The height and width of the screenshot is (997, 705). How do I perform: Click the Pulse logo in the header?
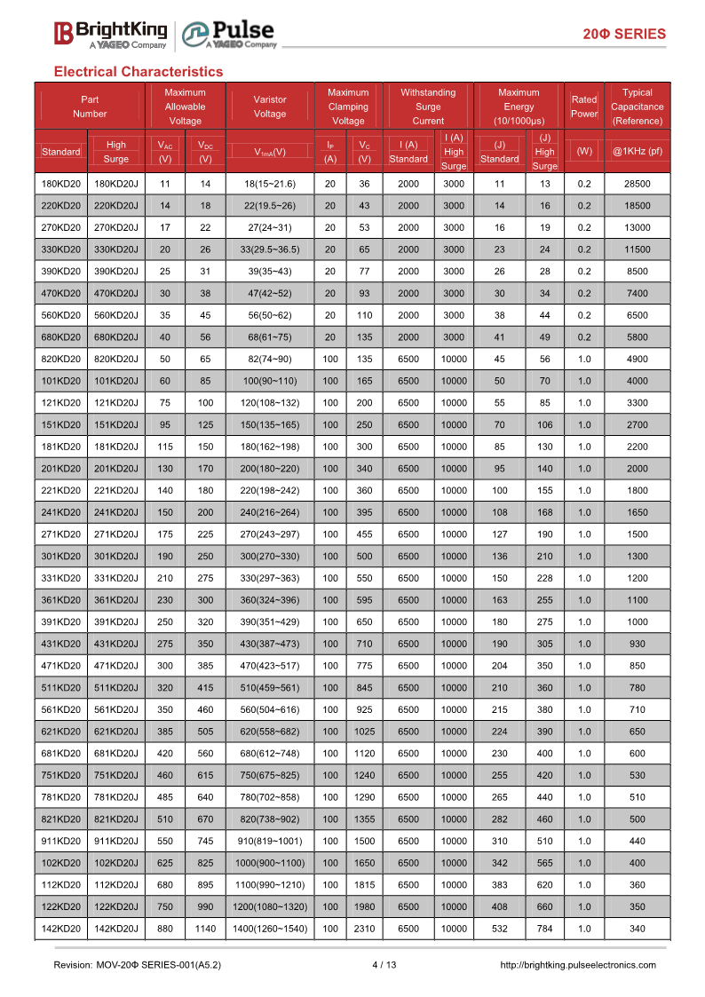pyautogui.click(x=229, y=34)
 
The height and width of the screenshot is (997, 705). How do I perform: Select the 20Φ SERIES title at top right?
pyautogui.click(x=623, y=34)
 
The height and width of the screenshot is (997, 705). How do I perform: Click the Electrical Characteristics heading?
pyautogui.click(x=139, y=71)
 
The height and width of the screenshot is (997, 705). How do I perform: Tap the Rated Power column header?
pyautogui.click(x=583, y=107)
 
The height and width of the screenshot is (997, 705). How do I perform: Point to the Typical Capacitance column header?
pyautogui.click(x=637, y=107)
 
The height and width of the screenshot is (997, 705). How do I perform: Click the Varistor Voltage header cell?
pyautogui.click(x=270, y=107)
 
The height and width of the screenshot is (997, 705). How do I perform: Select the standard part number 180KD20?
pyautogui.click(x=61, y=184)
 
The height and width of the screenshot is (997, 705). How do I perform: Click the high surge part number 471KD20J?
pyautogui.click(x=116, y=666)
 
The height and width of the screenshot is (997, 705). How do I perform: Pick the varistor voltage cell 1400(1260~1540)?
pyautogui.click(x=270, y=929)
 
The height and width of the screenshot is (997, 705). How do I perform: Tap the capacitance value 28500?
pyautogui.click(x=637, y=184)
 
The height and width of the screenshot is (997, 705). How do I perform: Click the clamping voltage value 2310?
pyautogui.click(x=364, y=929)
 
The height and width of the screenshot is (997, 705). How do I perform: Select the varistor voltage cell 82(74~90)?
pyautogui.click(x=270, y=359)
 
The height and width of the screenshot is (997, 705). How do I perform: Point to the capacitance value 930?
pyautogui.click(x=637, y=644)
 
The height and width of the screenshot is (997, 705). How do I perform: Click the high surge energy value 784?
pyautogui.click(x=544, y=929)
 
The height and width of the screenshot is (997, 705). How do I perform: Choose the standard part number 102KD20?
pyautogui.click(x=61, y=863)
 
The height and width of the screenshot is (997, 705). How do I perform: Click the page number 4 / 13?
pyautogui.click(x=384, y=965)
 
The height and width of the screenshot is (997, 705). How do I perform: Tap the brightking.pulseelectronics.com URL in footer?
pyautogui.click(x=578, y=965)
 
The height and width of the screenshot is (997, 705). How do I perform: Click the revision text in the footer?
pyautogui.click(x=138, y=965)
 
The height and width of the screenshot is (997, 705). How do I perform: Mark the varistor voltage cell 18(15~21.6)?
pyautogui.click(x=270, y=184)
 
